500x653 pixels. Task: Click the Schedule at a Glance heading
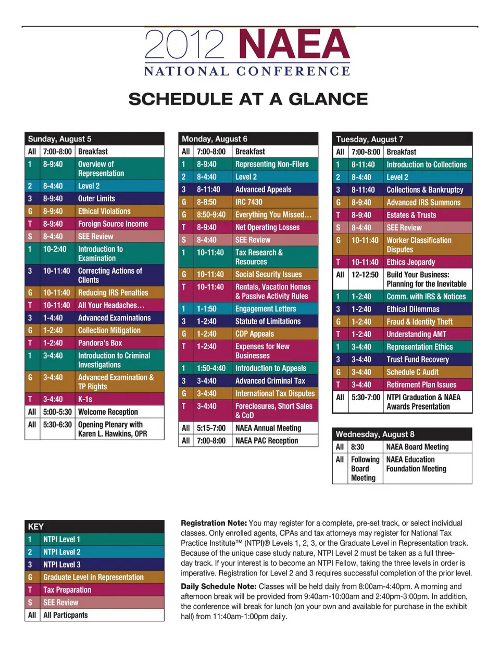point(248,99)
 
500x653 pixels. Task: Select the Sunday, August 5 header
point(59,139)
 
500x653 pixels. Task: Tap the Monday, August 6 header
point(215,139)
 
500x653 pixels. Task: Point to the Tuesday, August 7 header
point(369,139)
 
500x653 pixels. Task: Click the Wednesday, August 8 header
point(375,434)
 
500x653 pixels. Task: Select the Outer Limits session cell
point(96,198)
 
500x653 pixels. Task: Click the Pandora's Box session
point(100,343)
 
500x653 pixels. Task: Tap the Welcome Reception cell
point(108,412)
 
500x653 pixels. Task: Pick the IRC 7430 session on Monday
point(249,202)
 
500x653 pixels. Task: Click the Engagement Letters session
point(266,309)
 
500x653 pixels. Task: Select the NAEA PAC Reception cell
point(267,440)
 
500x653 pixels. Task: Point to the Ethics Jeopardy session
point(410,262)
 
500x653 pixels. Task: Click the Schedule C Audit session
point(413,372)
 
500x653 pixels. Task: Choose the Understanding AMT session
point(416,334)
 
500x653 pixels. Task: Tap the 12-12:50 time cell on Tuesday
point(365,275)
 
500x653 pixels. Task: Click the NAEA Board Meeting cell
point(417,446)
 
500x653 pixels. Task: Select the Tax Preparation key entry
point(67,590)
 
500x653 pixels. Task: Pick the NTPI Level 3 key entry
point(61,565)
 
